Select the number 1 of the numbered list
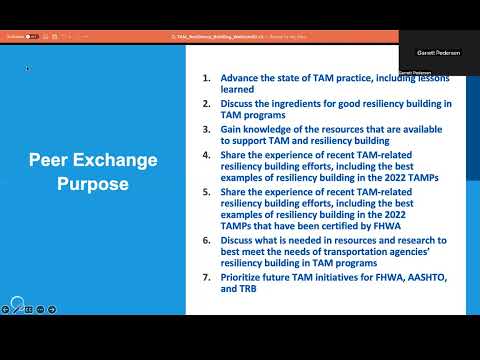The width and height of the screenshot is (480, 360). point(207,77)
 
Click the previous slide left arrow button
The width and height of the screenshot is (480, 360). point(7,309)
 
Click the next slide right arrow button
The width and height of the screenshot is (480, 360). point(52,309)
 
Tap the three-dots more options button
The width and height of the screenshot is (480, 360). point(41,309)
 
